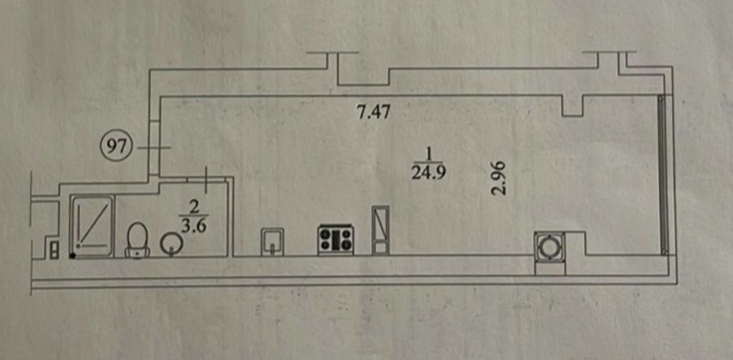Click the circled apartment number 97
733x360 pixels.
[117, 148]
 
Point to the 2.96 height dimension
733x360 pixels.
[499, 177]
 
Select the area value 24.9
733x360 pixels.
[429, 173]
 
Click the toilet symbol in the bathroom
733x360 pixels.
[137, 240]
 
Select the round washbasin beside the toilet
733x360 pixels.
[172, 244]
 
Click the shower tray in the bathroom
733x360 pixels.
[92, 226]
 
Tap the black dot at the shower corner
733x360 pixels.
[72, 256]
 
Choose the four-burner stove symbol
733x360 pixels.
[336, 240]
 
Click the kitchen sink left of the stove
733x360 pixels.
[272, 242]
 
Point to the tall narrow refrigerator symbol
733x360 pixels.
[380, 230]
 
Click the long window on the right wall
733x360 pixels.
[663, 174]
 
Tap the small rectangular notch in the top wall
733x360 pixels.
[572, 106]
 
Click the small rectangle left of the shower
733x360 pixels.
[54, 249]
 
